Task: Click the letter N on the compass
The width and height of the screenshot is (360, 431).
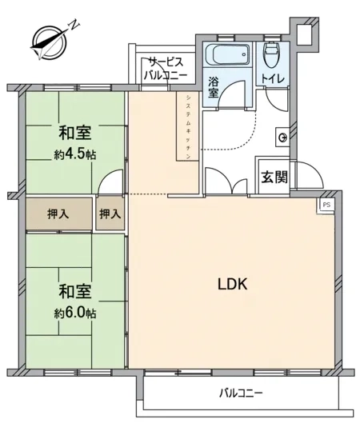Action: coord(74,25)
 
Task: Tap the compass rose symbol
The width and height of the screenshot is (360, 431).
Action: coord(50,43)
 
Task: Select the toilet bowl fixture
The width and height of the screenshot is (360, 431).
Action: coord(273,54)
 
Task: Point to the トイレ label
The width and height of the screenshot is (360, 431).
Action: coord(272,79)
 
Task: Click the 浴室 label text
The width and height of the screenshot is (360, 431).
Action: coord(213,87)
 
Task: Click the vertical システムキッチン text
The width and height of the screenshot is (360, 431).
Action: coord(188,127)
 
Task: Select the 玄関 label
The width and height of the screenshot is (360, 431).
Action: coord(274,177)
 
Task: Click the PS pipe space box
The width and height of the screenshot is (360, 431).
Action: coord(326,205)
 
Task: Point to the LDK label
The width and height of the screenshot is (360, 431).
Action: coord(233,284)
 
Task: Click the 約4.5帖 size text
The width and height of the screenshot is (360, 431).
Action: coord(75,155)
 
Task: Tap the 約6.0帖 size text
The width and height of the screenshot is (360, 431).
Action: coord(75,313)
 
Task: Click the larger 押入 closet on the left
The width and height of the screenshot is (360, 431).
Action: coord(59,214)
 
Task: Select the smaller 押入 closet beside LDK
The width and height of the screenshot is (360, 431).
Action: coord(110,214)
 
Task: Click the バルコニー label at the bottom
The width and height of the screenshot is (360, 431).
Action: coord(241,393)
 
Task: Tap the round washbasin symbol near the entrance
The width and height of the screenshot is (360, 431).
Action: coord(282,138)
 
